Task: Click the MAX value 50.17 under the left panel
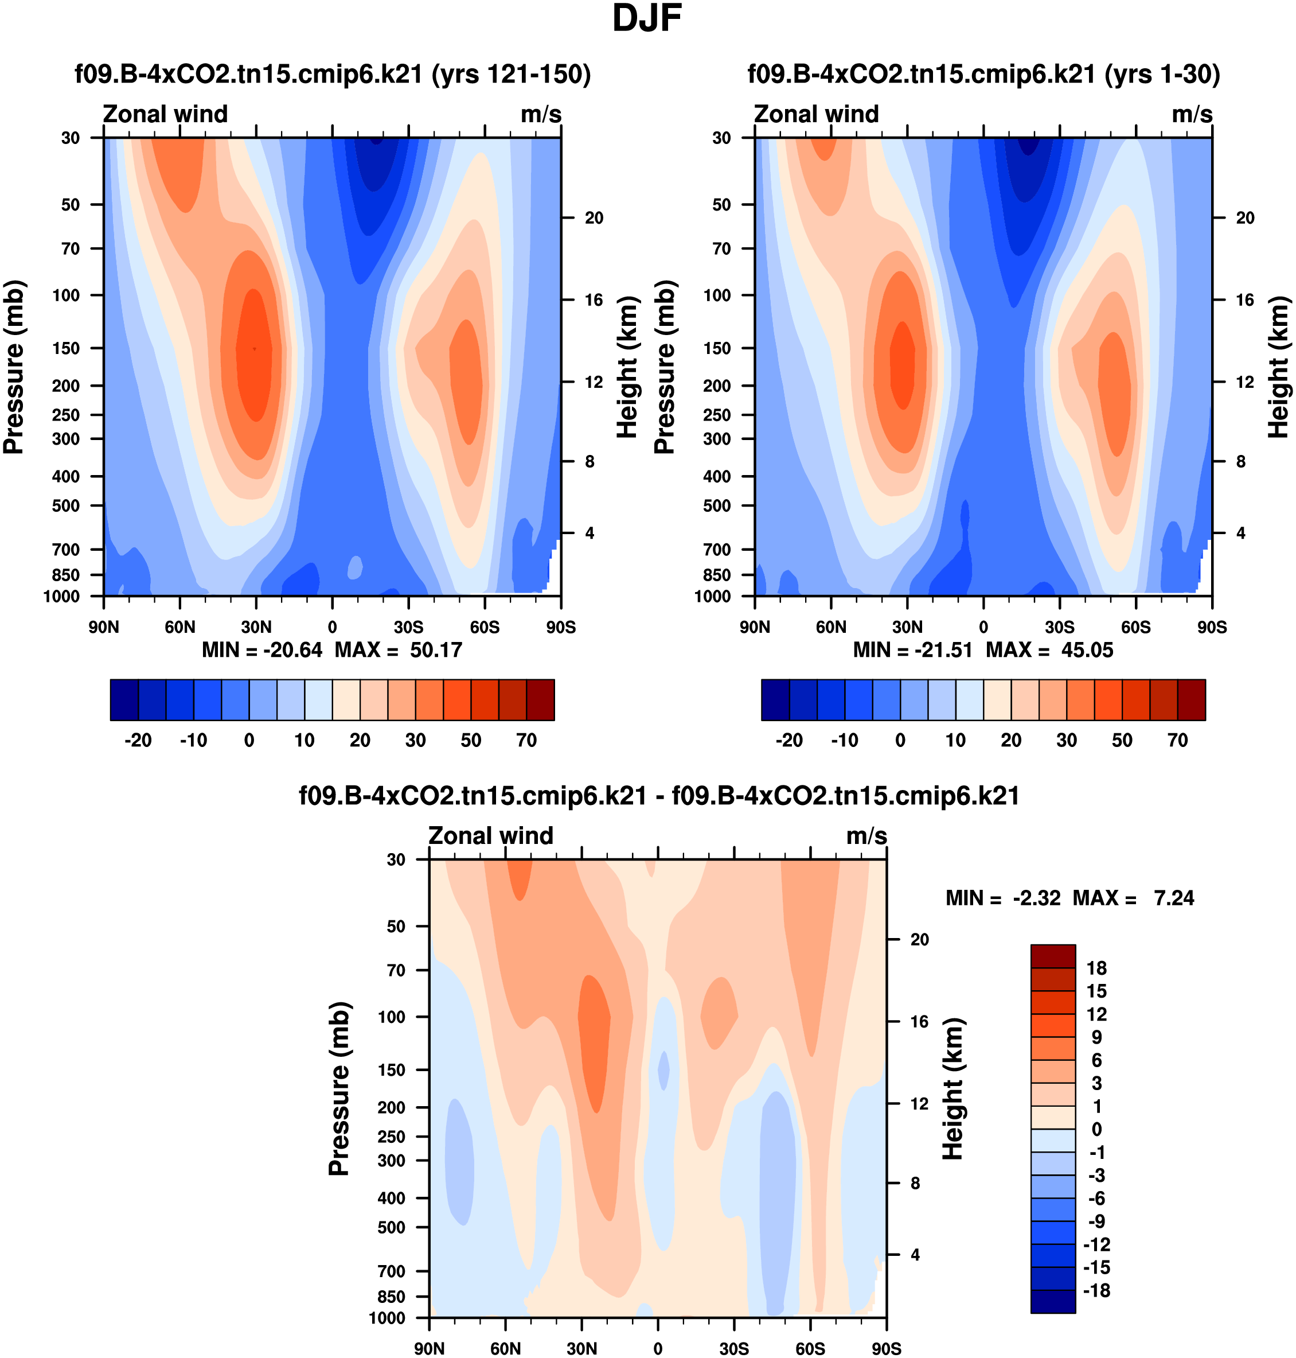435,651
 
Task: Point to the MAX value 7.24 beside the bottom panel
1174,898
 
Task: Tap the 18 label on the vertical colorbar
1096,968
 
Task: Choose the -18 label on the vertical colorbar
1096,1290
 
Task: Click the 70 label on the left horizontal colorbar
526,740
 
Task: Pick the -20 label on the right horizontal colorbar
789,740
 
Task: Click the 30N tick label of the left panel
256,628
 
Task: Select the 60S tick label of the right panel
1136,628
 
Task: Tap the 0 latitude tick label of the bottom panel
658,1348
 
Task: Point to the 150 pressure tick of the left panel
67,348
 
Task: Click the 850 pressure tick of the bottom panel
392,1297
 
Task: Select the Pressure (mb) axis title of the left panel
14,367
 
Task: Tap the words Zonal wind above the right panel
816,114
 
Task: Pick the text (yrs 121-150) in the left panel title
511,74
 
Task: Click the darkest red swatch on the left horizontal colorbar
540,700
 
